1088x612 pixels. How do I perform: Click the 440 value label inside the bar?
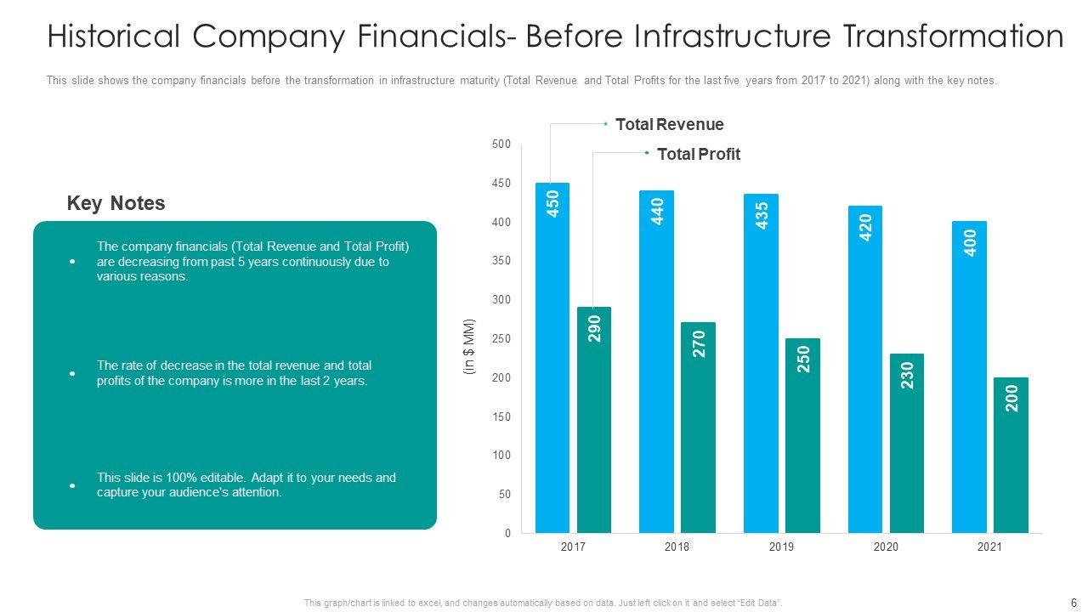[x=657, y=211]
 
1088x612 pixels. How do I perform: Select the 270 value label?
[x=700, y=343]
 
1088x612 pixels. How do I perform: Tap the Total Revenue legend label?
[x=669, y=125]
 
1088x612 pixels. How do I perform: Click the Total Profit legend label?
[x=698, y=155]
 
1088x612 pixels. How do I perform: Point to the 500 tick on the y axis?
[x=501, y=144]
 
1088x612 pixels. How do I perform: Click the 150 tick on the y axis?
[x=501, y=416]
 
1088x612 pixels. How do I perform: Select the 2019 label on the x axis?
[x=781, y=547]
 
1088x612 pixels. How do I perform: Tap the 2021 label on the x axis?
[x=989, y=547]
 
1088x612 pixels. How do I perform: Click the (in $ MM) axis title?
[x=469, y=347]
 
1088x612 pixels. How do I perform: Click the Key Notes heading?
[x=116, y=204]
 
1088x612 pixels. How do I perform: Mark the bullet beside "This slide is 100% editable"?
[x=73, y=485]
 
